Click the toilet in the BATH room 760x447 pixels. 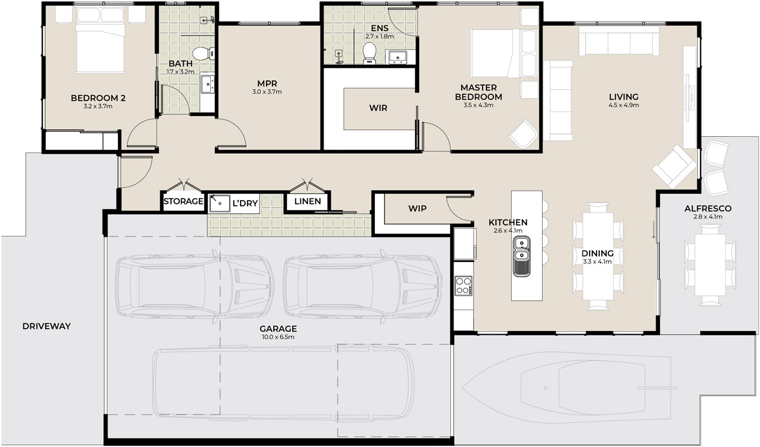tap(203, 53)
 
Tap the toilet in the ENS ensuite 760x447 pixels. tap(369, 53)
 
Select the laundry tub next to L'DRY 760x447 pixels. tap(220, 203)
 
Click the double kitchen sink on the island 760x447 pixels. tap(521, 256)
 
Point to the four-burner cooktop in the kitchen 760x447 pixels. tap(464, 286)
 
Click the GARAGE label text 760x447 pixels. tap(278, 329)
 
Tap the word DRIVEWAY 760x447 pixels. tap(46, 326)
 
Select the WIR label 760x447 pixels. tap(378, 108)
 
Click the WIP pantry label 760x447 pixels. tap(417, 208)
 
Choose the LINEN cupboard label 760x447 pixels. tap(307, 201)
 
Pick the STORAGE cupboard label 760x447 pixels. tap(183, 201)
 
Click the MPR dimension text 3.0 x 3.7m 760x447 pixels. tap(267, 92)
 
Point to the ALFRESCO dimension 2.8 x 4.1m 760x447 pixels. tap(708, 217)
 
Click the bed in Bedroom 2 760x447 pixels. tap(100, 40)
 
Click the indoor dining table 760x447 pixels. tap(598, 256)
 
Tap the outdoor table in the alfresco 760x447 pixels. tap(710, 265)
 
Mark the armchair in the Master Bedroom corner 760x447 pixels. tap(523, 134)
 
